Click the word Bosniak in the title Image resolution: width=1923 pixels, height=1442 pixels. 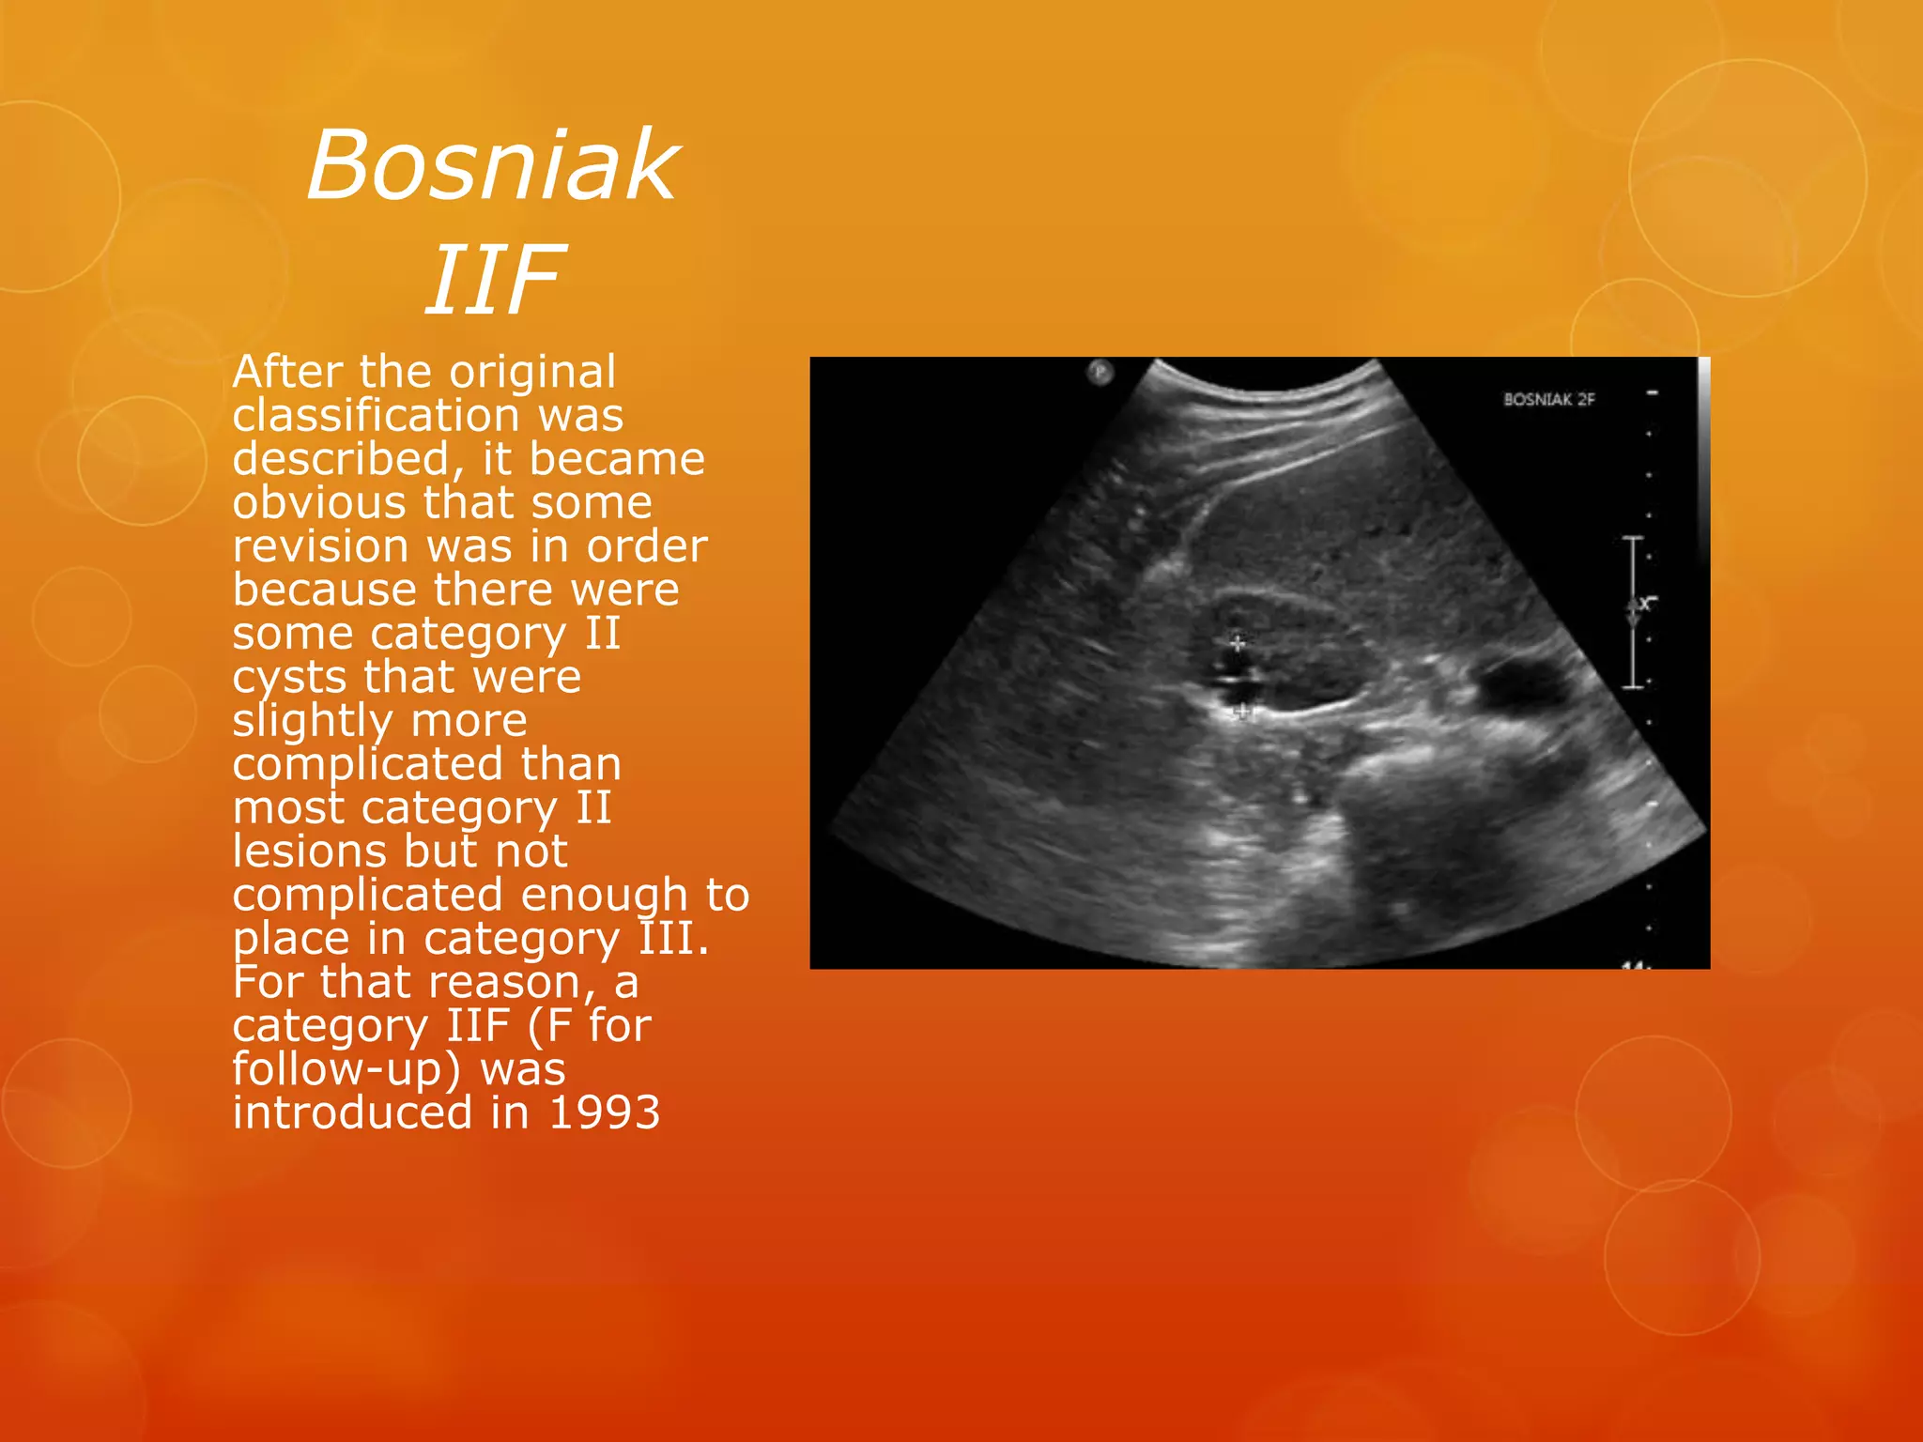pos(492,165)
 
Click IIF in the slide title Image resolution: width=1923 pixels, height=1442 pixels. pos(494,279)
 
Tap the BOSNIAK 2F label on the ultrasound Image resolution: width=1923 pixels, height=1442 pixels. pos(1548,400)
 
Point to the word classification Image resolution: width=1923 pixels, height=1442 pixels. pos(376,415)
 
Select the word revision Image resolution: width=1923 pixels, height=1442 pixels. pos(320,546)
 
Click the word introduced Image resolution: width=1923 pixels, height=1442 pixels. pos(352,1113)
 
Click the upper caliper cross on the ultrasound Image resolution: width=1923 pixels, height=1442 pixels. pos(1238,643)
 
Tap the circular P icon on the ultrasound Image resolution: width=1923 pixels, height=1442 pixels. pos(1100,373)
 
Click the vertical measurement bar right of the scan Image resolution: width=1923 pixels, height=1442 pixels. pos(1634,612)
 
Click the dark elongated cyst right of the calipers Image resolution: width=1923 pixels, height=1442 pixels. pos(1521,681)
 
